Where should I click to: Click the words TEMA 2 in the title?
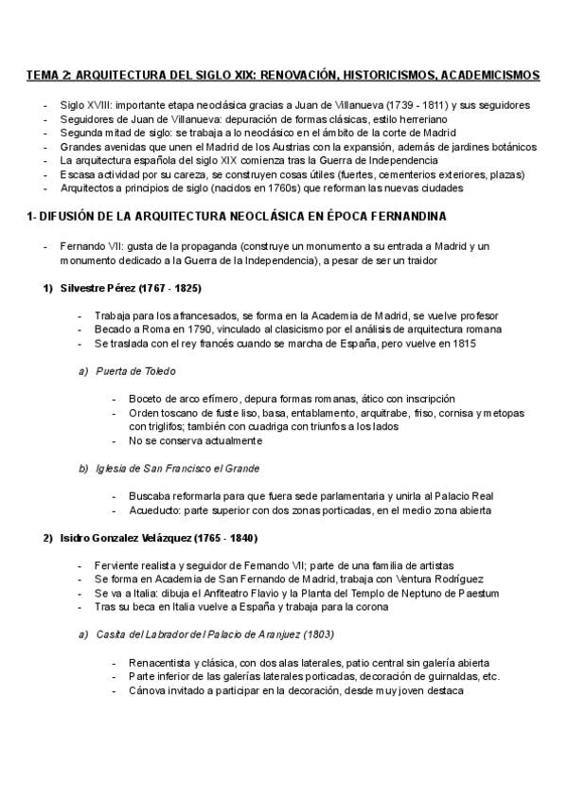pyautogui.click(x=46, y=74)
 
